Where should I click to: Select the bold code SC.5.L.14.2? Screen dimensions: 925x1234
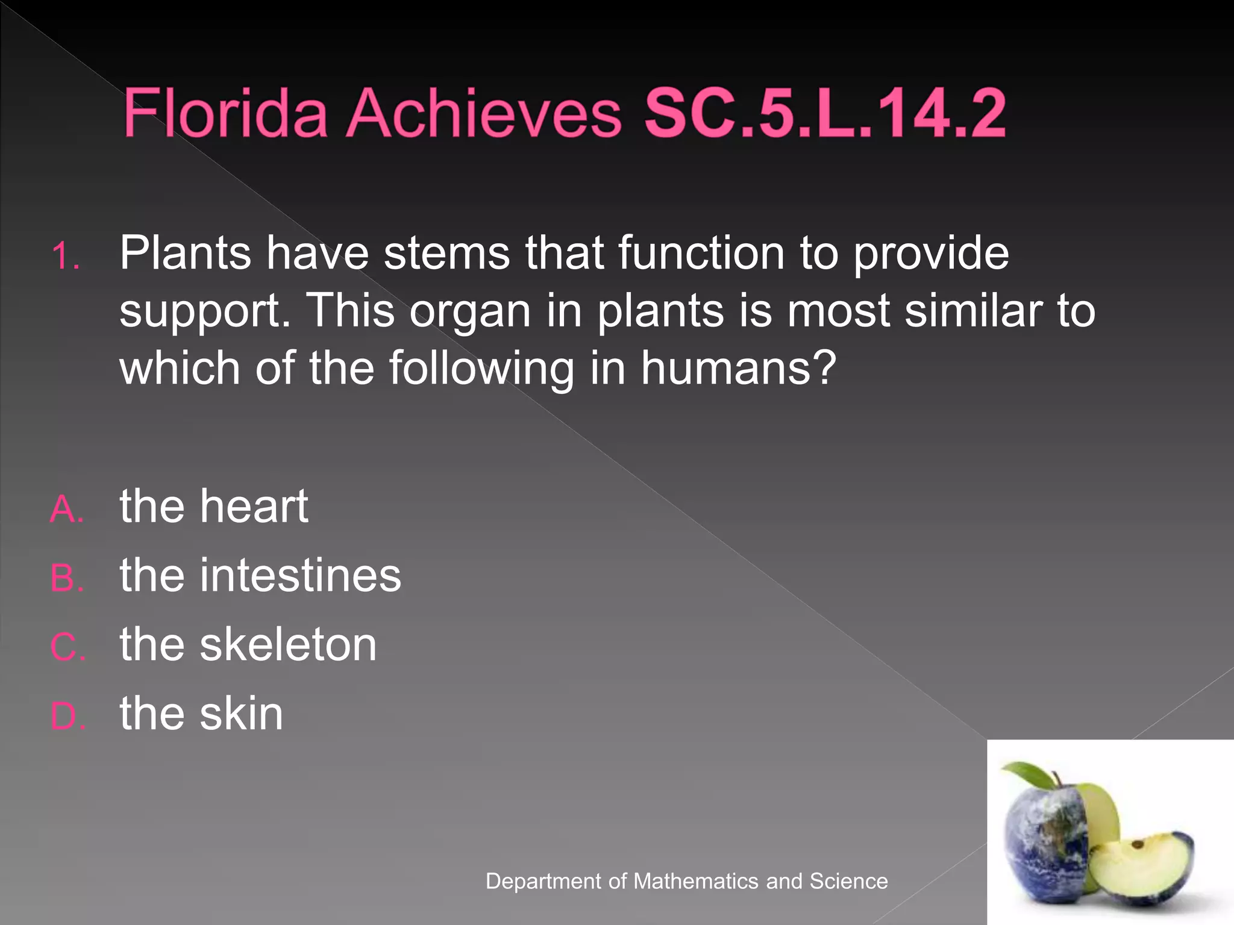pyautogui.click(x=824, y=113)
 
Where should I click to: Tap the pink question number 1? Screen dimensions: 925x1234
pyautogui.click(x=65, y=257)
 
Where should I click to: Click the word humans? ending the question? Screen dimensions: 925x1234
pyautogui.click(x=739, y=368)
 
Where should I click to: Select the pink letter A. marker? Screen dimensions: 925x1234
pyautogui.click(x=66, y=509)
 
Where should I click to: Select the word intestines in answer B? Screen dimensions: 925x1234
pyautogui.click(x=300, y=576)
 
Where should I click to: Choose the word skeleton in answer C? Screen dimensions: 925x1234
pyautogui.click(x=288, y=645)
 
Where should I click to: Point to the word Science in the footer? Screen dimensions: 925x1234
pyautogui.click(x=848, y=881)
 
